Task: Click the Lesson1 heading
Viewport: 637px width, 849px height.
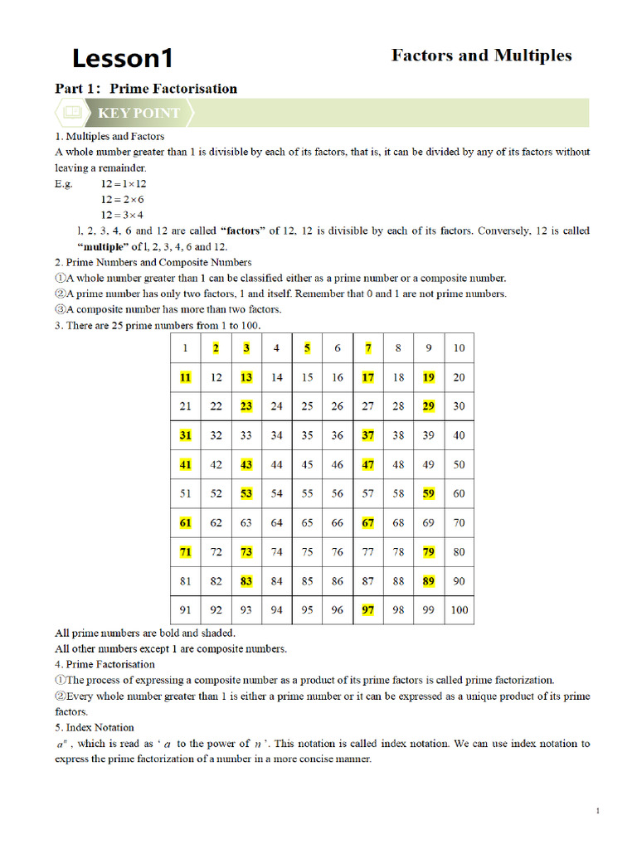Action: click(123, 58)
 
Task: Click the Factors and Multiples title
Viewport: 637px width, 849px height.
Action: click(481, 56)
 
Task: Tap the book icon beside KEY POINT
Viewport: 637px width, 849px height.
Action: click(74, 112)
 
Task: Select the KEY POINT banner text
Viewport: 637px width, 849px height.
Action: click(139, 113)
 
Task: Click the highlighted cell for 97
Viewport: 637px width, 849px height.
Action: click(368, 610)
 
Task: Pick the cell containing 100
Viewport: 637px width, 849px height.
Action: click(459, 610)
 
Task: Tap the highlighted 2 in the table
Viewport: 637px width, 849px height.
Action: click(216, 348)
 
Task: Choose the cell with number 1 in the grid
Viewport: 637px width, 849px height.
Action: click(185, 348)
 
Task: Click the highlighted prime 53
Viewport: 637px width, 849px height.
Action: click(246, 493)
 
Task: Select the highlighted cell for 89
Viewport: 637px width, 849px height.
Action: click(428, 581)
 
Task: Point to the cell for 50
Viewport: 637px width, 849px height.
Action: click(459, 464)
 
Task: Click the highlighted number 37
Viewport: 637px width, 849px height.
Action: click(368, 435)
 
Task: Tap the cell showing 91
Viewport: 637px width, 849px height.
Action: click(185, 610)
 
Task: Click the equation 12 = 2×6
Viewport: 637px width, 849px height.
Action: click(123, 199)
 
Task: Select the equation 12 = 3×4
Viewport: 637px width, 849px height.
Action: click(123, 215)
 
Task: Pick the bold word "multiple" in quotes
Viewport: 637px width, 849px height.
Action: click(103, 246)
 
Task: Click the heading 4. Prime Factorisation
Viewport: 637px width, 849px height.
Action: click(105, 664)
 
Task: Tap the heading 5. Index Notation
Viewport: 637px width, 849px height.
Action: click(94, 727)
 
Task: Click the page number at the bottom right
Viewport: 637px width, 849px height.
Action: click(597, 811)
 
